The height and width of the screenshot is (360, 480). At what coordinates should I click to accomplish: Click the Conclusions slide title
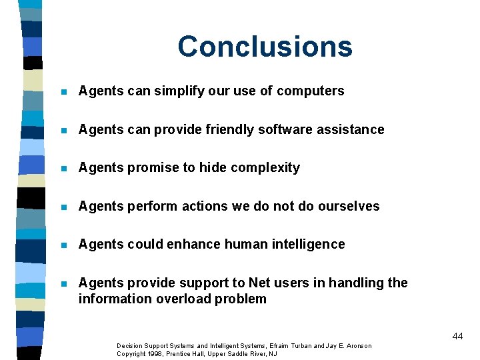265,47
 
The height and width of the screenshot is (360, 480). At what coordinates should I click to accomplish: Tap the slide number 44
457,336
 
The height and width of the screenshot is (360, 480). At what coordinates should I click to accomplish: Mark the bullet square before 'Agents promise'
63,168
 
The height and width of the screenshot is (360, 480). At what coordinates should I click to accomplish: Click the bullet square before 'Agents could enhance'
63,245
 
